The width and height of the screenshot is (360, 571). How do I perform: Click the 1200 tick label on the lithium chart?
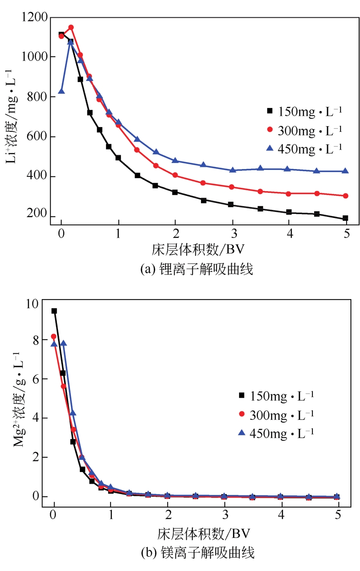point(35,18)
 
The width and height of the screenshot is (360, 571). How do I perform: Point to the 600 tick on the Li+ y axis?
point(38,137)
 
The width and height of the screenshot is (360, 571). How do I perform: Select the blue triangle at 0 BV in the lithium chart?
point(61,91)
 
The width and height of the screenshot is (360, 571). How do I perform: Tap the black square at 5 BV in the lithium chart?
point(345,218)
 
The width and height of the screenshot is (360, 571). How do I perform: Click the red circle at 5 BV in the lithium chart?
point(345,196)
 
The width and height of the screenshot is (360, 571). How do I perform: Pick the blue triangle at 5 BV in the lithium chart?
point(345,171)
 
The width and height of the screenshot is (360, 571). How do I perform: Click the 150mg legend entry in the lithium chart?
point(305,111)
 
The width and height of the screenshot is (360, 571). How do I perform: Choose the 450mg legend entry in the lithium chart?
point(305,148)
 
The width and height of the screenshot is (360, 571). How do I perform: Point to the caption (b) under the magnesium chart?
point(197,552)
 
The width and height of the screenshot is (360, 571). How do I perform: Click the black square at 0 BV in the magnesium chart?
point(54,311)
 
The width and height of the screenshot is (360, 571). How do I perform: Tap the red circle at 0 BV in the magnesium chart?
point(54,336)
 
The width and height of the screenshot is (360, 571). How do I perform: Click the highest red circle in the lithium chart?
point(71,28)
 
